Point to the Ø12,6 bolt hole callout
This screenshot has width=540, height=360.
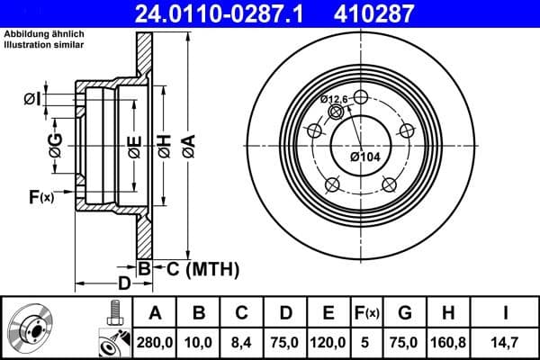click(x=334, y=100)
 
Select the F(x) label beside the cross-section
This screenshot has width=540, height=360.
click(x=41, y=196)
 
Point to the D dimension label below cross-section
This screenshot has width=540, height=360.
click(x=125, y=283)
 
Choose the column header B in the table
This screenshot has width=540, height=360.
click(x=200, y=313)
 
